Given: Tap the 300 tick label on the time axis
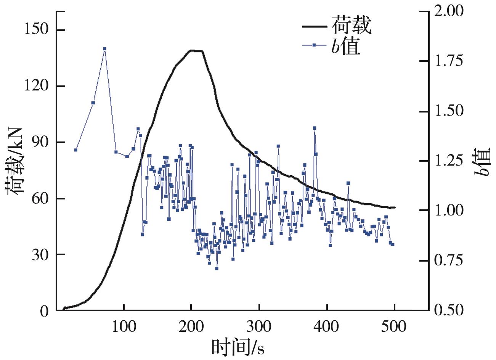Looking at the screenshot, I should pyautogui.click(x=259, y=327).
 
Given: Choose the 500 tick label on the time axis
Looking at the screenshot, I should pyautogui.click(x=395, y=327).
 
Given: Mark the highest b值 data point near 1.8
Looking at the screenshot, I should pyautogui.click(x=104, y=48).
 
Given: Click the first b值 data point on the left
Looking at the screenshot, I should pyautogui.click(x=75, y=150).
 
